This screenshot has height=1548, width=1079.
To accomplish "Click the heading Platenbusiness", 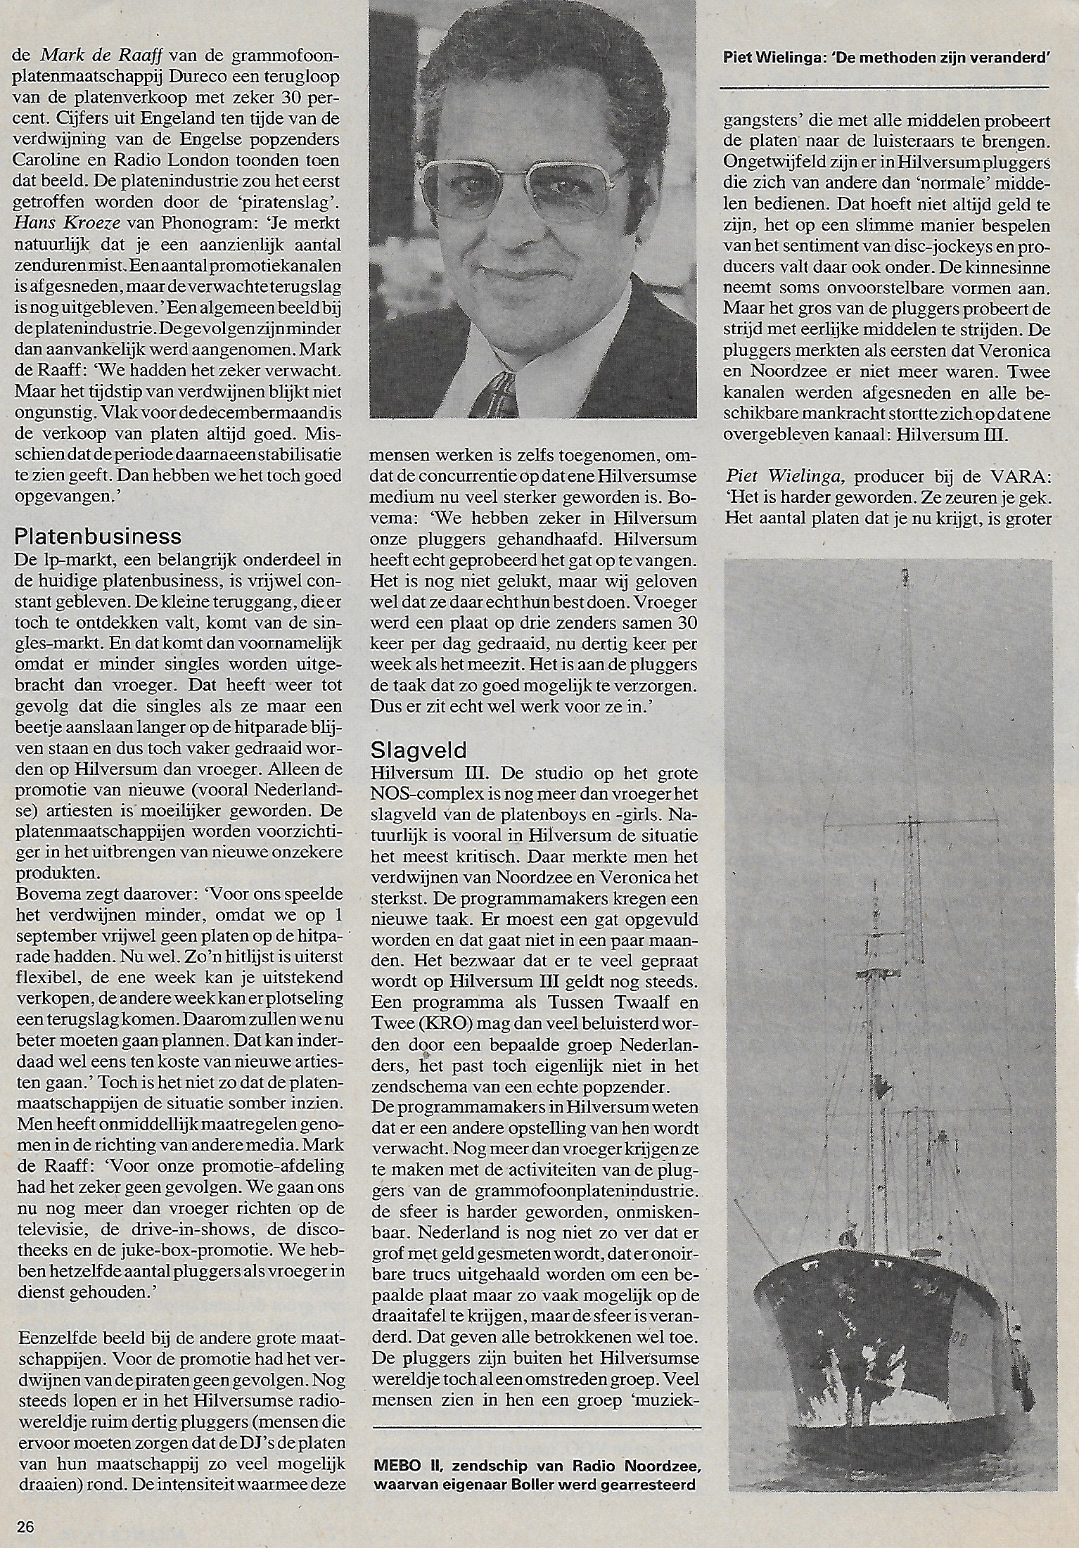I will (x=98, y=537).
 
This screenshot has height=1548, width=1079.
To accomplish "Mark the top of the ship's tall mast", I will (x=903, y=575).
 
